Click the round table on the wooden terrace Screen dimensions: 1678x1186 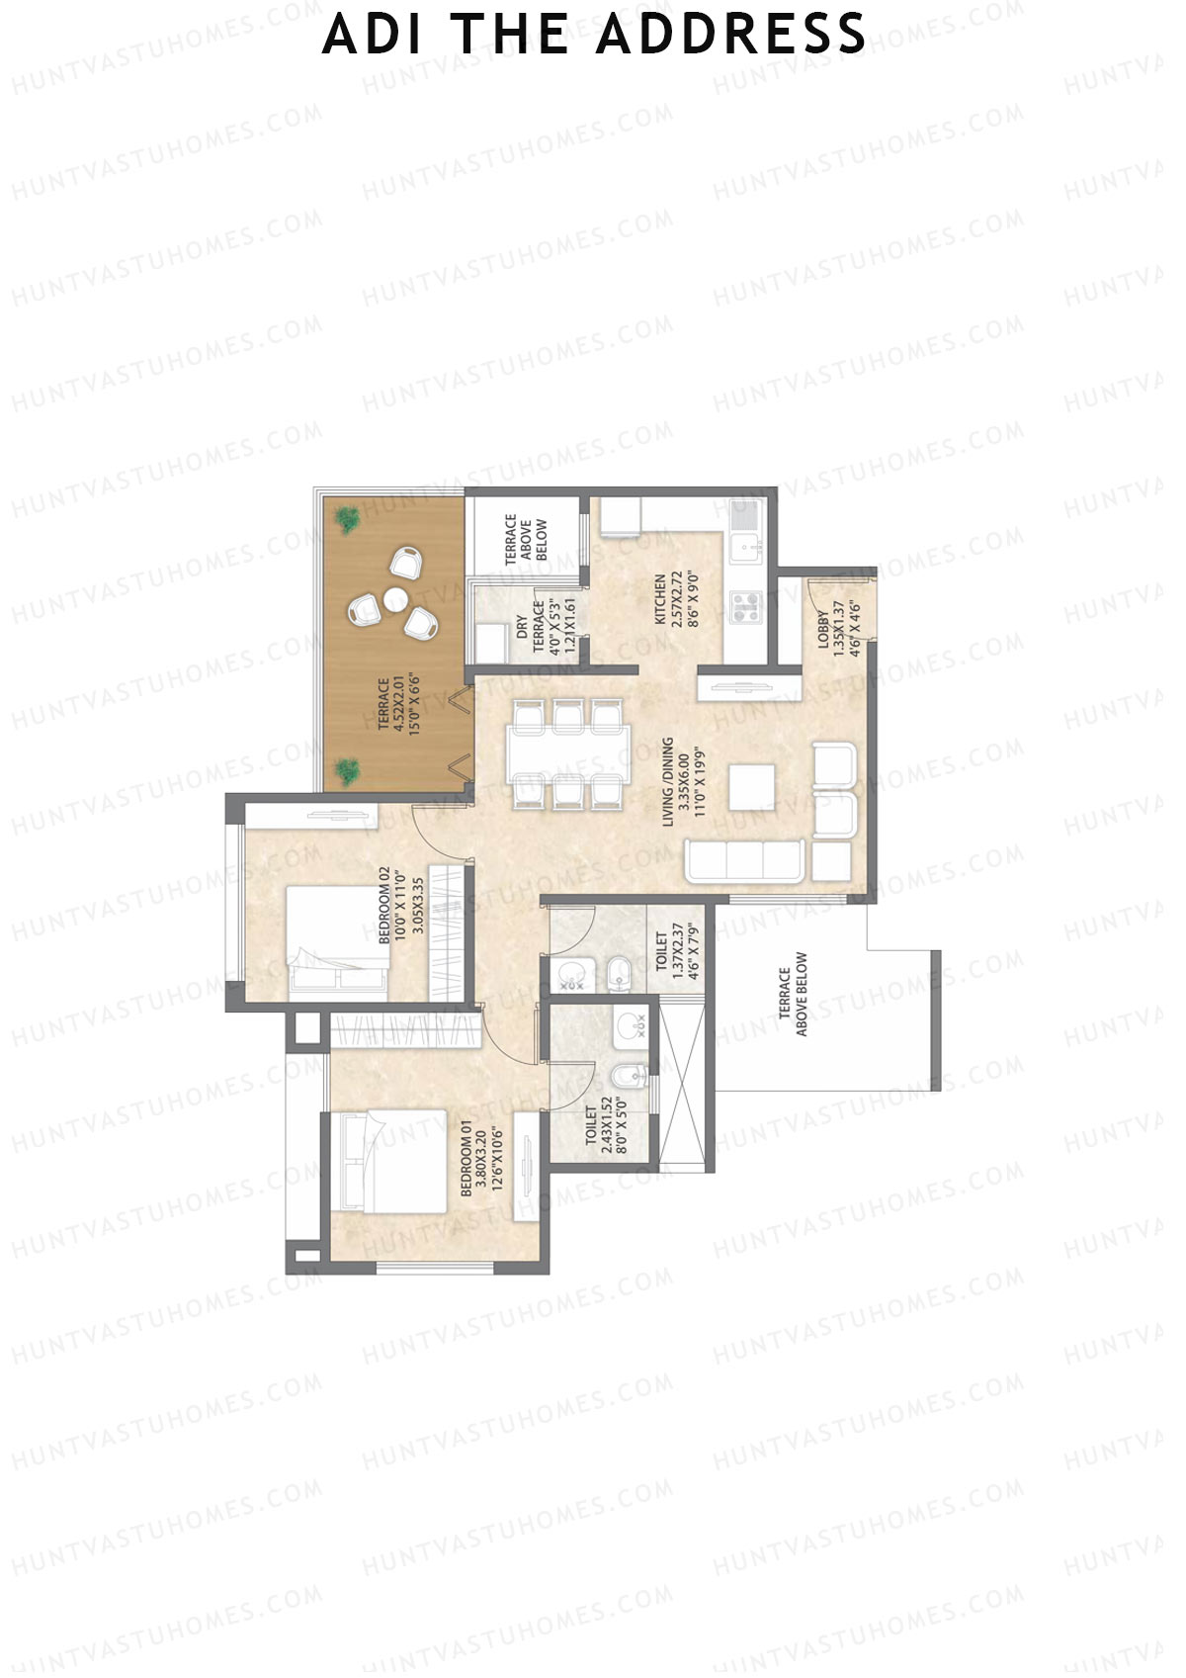coord(395,598)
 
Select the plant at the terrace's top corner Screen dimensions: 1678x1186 coord(346,519)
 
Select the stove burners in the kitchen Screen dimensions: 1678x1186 coord(744,605)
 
